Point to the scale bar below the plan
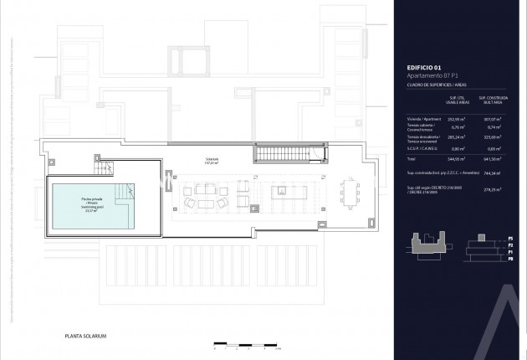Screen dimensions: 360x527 coord(243,343)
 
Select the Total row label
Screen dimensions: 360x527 coord(412,157)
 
